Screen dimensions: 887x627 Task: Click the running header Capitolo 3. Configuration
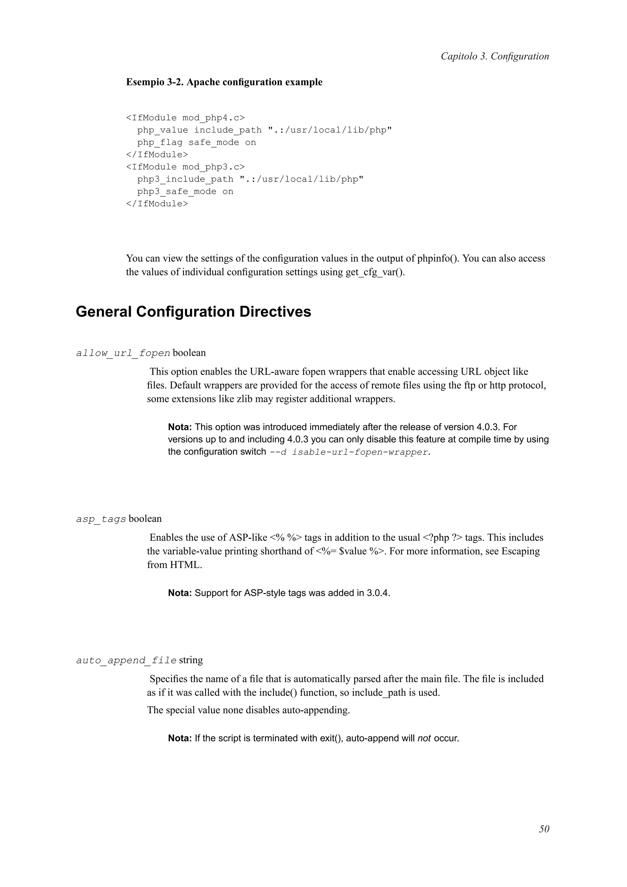click(494, 56)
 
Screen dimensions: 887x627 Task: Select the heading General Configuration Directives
click(193, 312)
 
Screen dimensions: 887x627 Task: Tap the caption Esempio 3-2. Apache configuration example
click(224, 82)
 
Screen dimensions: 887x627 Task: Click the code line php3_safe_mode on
click(185, 192)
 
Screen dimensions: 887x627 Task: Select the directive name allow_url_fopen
click(123, 353)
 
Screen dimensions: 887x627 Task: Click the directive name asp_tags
click(101, 519)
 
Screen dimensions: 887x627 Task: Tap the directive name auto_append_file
click(126, 660)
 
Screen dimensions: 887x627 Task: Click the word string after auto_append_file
click(191, 660)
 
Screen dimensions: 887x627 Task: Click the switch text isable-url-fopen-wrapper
click(360, 452)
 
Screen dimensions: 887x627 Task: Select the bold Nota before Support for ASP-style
click(180, 593)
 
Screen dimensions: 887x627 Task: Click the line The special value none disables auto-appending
click(248, 710)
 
